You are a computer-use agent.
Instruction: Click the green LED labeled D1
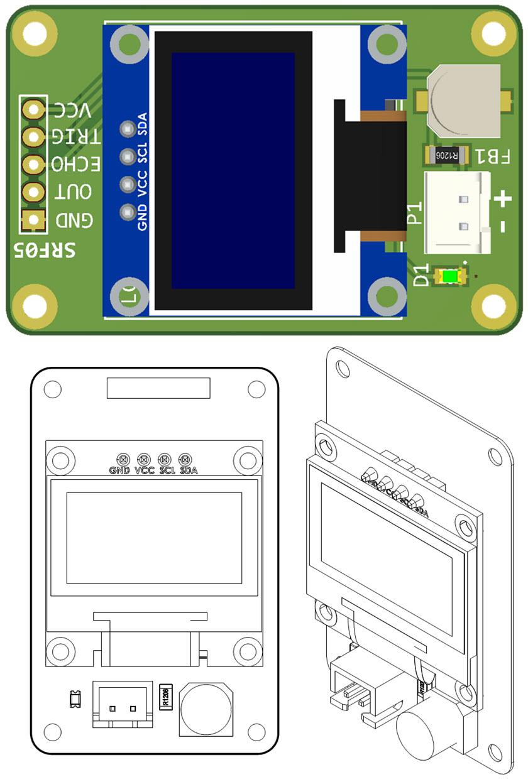point(451,276)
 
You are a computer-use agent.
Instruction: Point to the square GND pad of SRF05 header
point(33,220)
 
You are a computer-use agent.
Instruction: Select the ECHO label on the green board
point(74,165)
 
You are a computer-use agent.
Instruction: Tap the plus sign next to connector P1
point(503,200)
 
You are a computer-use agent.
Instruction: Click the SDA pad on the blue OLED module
point(128,129)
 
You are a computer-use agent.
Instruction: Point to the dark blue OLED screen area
point(233,170)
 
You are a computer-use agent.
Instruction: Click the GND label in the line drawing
point(119,470)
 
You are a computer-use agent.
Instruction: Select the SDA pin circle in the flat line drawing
point(185,459)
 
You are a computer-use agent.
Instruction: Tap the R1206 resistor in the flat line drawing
point(166,697)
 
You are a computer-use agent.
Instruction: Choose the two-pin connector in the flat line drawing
point(123,705)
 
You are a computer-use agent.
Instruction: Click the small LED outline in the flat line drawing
point(74,697)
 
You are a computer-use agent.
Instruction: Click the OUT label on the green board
point(74,193)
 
